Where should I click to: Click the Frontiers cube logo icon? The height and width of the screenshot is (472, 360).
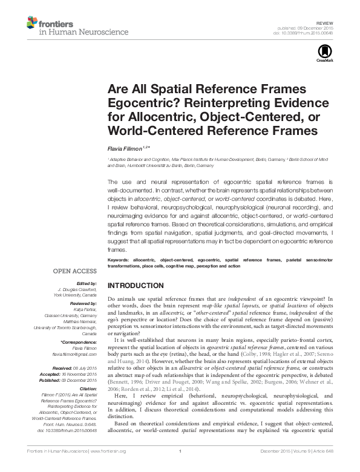(x=31, y=23)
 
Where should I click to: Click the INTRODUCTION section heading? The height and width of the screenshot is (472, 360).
(x=135, y=285)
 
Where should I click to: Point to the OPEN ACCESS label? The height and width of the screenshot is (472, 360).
(x=76, y=272)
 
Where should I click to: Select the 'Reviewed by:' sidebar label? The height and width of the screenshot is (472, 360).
(x=83, y=302)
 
